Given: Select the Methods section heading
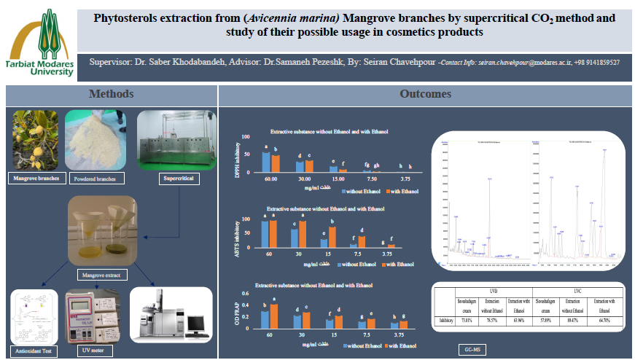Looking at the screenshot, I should pos(111,94).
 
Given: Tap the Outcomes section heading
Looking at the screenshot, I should pos(425,94).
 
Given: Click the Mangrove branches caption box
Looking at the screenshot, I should pos(34,177).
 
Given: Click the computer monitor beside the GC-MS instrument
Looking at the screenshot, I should pos(195,324).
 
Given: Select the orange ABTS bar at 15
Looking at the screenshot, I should pos(332,237).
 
